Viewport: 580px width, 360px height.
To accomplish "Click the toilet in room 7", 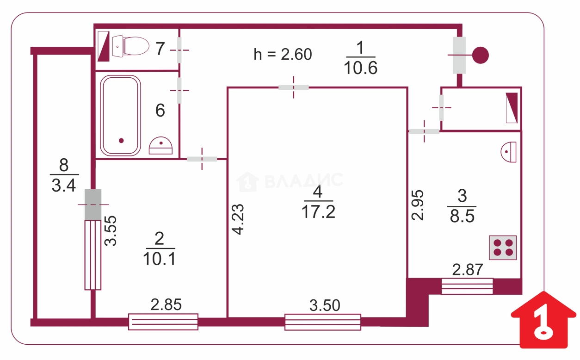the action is [x=130, y=46].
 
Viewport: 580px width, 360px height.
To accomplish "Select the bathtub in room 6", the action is [x=120, y=116].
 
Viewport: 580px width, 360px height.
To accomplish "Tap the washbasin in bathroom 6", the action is [x=160, y=146].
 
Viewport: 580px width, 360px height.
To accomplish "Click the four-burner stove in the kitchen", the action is [x=503, y=248].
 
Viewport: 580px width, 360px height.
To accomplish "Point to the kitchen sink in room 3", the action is [x=508, y=152].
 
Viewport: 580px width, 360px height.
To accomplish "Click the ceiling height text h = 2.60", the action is [x=283, y=55].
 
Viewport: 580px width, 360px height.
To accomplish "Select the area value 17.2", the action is [x=318, y=211].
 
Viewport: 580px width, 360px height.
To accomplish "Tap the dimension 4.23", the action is [x=238, y=219].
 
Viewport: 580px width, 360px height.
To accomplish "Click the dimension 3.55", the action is [x=111, y=231].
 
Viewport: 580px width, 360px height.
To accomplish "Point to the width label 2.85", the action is [x=166, y=304].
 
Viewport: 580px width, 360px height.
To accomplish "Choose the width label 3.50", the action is [x=325, y=305].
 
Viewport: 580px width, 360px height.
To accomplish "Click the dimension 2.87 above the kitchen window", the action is [x=467, y=270].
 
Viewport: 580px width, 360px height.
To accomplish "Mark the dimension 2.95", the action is [x=417, y=205].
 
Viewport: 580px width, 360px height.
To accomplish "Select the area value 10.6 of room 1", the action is [x=360, y=68].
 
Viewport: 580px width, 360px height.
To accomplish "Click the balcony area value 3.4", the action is [x=64, y=186].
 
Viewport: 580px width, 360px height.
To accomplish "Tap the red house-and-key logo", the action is [x=543, y=320].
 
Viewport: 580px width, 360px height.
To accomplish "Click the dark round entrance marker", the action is [x=480, y=55].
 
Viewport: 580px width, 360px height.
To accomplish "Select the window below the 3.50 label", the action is [x=323, y=322].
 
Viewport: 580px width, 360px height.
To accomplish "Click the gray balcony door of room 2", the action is [x=93, y=205].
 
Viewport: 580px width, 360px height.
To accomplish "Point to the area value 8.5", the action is [x=462, y=216].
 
